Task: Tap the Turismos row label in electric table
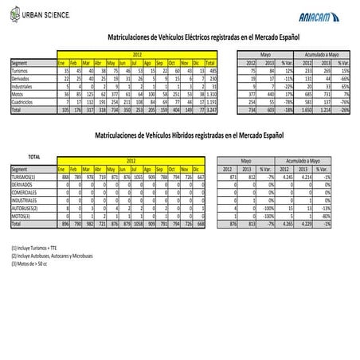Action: click(21, 70)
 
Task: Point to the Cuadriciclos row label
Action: click(25, 101)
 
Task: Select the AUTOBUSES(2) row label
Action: click(26, 208)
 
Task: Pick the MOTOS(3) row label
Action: click(22, 216)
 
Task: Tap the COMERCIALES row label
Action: click(25, 192)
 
